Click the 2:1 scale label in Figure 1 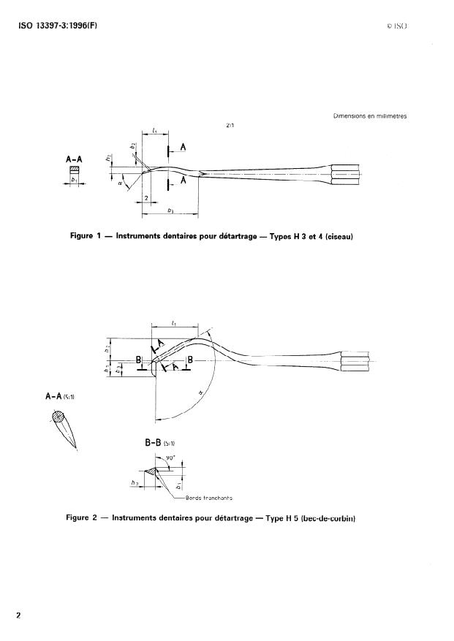(230, 125)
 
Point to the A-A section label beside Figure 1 (74, 156)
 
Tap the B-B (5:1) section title (161, 443)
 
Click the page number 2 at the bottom (19, 615)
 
